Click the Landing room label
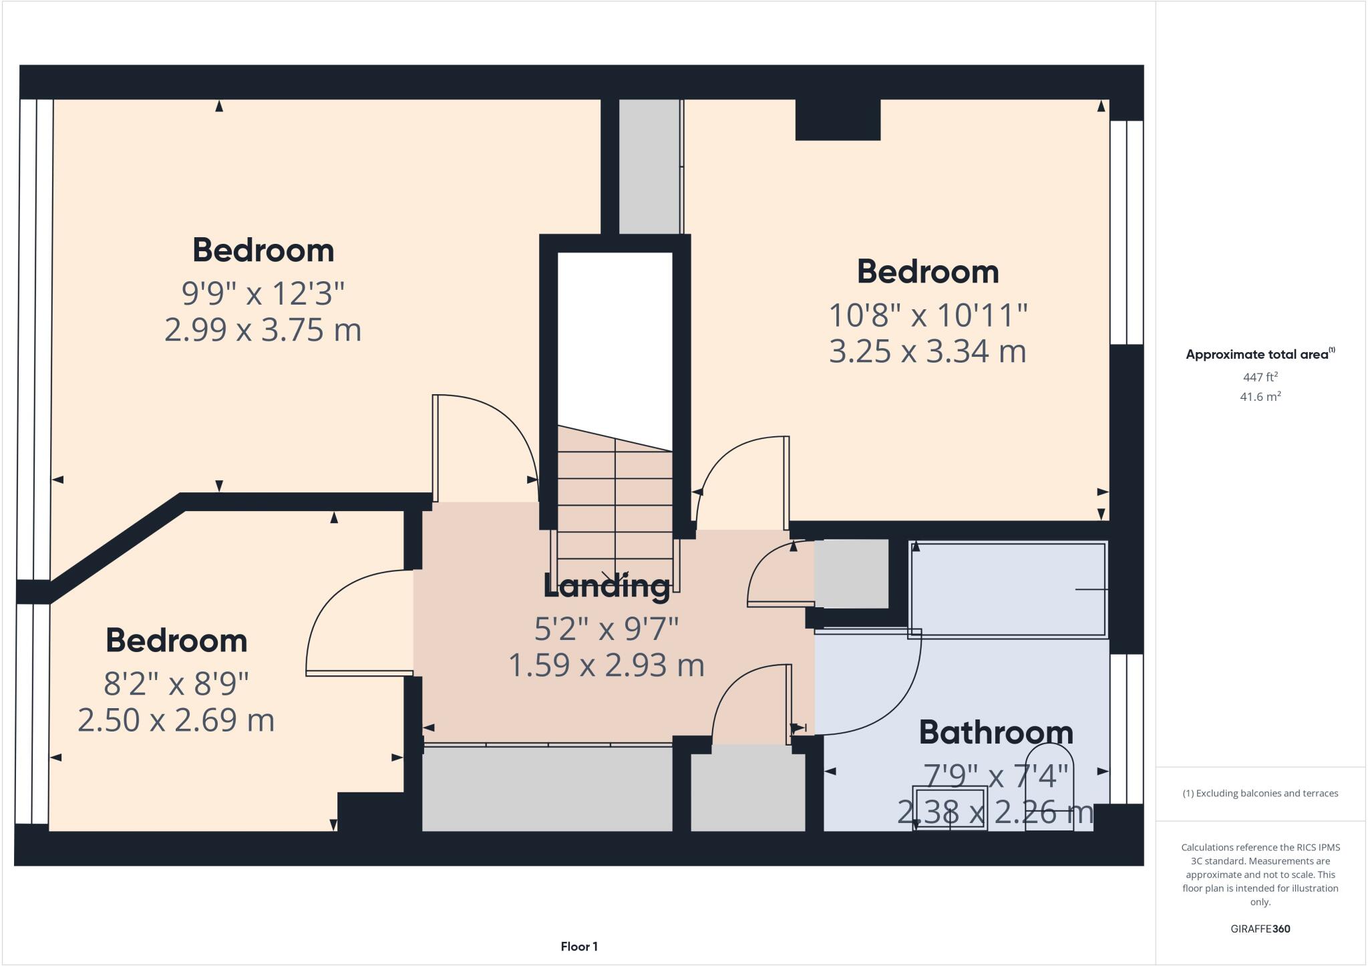tap(607, 587)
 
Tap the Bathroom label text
tap(996, 733)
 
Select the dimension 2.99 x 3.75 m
tap(263, 330)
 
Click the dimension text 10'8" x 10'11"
tap(928, 315)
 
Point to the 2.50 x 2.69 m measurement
tap(176, 720)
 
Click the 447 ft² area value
tap(1260, 377)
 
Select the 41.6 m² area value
tap(1260, 397)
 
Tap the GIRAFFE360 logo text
tap(1260, 929)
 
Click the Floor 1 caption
tap(579, 947)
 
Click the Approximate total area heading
tap(1258, 355)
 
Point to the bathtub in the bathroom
tap(1007, 590)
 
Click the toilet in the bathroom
tap(1049, 788)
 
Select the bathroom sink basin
tap(950, 809)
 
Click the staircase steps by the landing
tap(615, 508)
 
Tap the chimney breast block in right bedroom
tap(838, 120)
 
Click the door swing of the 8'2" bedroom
tap(347, 621)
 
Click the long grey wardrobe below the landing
tap(547, 789)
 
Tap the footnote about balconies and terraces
tap(1260, 794)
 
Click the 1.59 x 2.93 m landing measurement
tap(607, 665)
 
